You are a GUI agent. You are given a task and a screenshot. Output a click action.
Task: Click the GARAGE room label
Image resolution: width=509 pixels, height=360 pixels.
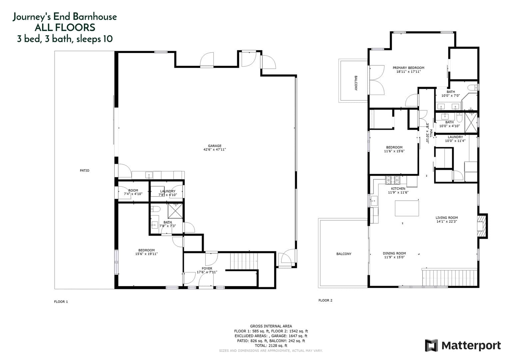pos(215,146)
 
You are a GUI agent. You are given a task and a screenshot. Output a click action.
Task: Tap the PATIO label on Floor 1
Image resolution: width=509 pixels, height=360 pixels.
pos(85,170)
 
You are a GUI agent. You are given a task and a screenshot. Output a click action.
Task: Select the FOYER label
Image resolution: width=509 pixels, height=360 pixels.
pos(207,268)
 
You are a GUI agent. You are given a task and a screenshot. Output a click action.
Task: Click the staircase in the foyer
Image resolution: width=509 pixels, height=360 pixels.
pos(244,261)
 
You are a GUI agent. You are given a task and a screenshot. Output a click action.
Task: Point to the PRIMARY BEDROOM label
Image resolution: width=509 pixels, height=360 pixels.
pos(408,68)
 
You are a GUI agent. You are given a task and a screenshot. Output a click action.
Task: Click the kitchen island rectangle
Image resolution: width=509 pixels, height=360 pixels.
pos(407,208)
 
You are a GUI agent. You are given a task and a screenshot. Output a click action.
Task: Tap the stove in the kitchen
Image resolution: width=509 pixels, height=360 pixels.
pos(393,180)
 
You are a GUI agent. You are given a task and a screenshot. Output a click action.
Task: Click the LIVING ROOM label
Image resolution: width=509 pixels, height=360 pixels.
pos(446,218)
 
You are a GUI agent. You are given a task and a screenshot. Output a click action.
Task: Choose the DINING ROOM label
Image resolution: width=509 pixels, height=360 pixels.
pos(394,253)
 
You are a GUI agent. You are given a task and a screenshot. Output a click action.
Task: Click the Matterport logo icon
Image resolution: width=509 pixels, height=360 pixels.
pos(431,345)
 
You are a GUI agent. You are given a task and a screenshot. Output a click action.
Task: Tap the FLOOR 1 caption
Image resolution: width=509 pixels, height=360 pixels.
pos(61,302)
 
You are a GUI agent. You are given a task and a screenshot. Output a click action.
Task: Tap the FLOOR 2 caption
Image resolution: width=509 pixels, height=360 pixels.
pos(325,300)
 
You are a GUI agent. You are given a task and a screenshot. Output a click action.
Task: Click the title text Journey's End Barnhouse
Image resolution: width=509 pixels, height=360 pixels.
pos(65,17)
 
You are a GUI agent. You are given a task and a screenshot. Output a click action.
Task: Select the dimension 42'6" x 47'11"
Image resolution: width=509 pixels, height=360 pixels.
pos(215,150)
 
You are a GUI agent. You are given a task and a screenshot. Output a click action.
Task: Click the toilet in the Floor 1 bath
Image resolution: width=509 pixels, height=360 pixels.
pos(155,209)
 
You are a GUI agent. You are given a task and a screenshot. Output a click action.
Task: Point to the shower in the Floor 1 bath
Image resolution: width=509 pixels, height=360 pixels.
pos(175,211)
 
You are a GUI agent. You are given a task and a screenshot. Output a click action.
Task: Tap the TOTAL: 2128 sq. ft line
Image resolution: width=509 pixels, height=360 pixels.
pos(271,346)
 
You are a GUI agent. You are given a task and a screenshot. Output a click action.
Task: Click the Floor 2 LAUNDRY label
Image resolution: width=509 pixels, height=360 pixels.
pos(455,137)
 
